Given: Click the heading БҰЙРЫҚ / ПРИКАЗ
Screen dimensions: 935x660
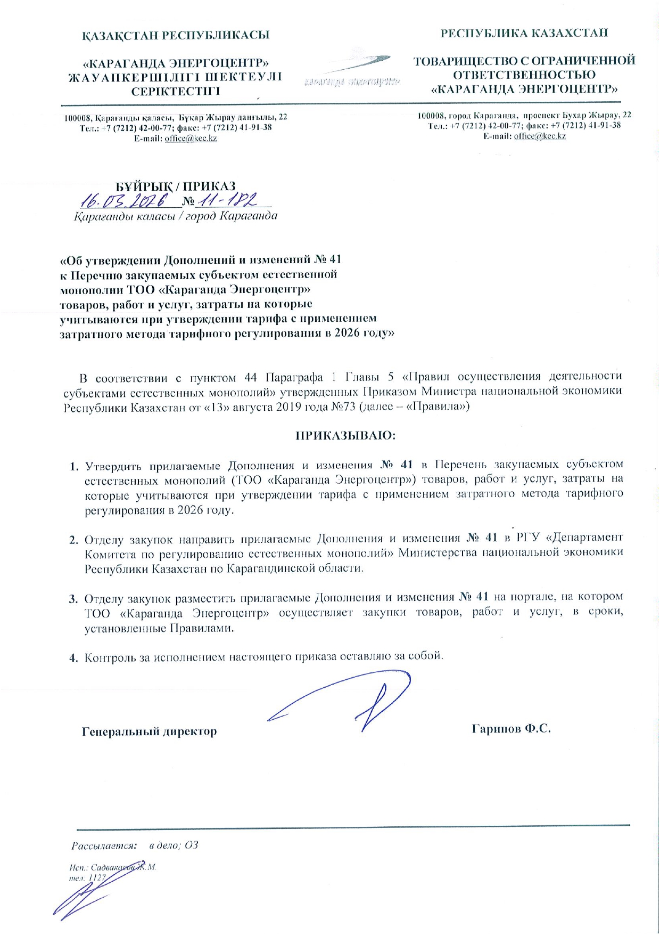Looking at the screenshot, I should tap(176, 186).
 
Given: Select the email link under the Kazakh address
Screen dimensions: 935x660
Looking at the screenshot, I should tap(191, 139).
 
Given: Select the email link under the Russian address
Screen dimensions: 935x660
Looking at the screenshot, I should tap(540, 136).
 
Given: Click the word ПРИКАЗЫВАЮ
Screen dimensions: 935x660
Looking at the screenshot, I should tap(345, 435).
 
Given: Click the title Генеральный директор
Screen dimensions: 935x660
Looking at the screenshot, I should tap(149, 731).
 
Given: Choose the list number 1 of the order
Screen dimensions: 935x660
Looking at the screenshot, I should tap(73, 467).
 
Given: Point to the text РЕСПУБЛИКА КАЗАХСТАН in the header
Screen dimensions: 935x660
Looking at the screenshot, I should tap(524, 33).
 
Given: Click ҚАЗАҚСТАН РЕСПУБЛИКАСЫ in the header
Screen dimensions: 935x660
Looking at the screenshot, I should tap(176, 35).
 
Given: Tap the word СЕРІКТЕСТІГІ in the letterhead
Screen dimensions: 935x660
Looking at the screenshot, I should tap(176, 91).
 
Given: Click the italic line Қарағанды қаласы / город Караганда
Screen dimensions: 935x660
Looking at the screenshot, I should tap(176, 216).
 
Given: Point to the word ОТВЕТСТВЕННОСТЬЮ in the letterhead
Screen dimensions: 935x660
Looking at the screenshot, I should tap(524, 75).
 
